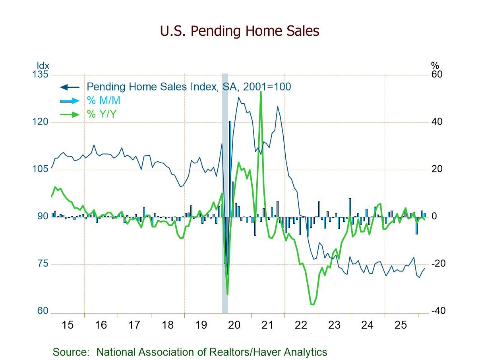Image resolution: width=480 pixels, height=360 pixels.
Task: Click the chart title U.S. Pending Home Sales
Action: (240, 31)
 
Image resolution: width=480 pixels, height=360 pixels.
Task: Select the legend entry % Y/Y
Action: (101, 114)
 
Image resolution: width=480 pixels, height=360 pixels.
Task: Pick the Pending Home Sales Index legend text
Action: (189, 86)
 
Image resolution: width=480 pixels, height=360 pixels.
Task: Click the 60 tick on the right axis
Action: (437, 75)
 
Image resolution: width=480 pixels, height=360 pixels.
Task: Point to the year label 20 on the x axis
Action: (234, 325)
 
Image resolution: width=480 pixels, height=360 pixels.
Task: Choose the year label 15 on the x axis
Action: (68, 325)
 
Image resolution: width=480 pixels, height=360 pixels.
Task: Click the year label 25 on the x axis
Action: (401, 325)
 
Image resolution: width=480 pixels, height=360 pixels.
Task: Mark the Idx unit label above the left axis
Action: (43, 66)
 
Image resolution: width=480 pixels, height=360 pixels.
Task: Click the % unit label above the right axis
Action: (435, 66)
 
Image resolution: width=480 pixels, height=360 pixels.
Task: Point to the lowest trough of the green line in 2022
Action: (312, 305)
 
